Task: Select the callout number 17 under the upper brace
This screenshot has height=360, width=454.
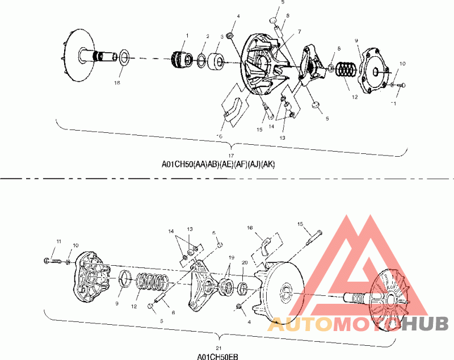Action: pos(231,156)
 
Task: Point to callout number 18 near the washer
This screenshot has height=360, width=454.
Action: pos(117,83)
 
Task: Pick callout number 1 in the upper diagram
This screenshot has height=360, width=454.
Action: pos(186,36)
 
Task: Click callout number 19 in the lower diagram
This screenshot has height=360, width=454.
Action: pos(230,257)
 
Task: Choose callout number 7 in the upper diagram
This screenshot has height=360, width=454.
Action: pos(299,31)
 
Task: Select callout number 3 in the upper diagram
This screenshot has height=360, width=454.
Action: pos(221,37)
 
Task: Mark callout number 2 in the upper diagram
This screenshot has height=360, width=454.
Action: pos(208,36)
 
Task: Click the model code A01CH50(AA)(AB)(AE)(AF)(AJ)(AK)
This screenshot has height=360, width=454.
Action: pos(218,165)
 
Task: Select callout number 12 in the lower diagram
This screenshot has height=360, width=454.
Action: pos(134,306)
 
